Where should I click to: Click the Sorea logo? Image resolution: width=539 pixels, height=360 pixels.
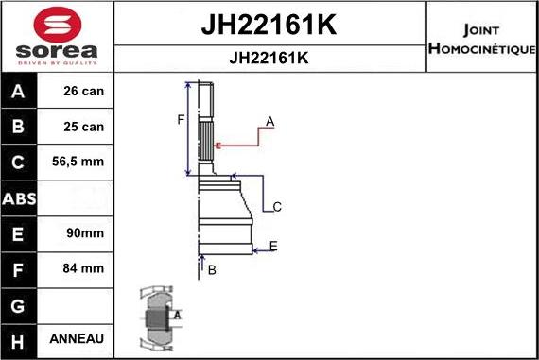point(57,38)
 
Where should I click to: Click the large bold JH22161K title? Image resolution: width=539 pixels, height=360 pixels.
point(269,26)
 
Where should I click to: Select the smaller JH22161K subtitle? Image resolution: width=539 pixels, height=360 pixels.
point(269,58)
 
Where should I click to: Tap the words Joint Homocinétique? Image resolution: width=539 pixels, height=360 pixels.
point(481,39)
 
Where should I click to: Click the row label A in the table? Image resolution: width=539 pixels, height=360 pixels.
point(19,92)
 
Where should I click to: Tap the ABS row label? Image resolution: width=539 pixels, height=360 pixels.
point(19,198)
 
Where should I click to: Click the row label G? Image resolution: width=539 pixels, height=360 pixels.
point(19,304)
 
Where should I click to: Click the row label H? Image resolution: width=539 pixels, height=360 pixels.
point(19,339)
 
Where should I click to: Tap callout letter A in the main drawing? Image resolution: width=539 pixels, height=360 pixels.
point(269,122)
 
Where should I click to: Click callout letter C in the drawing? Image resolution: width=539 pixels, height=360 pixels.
point(277,207)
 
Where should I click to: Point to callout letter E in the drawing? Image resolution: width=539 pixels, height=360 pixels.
point(272,247)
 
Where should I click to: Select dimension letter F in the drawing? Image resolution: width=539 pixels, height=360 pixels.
point(180,119)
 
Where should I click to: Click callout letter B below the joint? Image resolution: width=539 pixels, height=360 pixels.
point(212,270)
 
